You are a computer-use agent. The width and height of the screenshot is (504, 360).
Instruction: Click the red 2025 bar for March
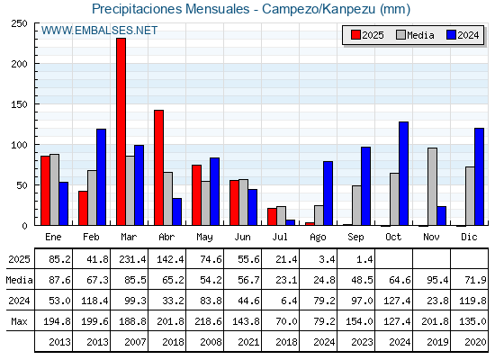coord(121,131)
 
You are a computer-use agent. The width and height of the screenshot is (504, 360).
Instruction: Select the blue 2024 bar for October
coord(404,174)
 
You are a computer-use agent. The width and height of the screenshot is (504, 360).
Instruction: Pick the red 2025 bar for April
coord(158,167)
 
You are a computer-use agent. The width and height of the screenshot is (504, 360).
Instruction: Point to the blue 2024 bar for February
coord(101,177)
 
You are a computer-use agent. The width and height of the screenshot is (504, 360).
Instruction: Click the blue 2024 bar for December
coord(479,176)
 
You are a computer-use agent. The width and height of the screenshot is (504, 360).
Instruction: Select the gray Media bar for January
coord(54,190)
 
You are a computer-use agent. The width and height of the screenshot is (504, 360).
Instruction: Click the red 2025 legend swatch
coord(355,35)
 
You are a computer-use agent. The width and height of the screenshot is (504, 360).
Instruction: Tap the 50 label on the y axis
coord(22,185)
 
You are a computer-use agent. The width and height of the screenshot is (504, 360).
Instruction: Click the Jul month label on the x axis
coord(280,238)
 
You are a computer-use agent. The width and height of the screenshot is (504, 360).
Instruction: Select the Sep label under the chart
coord(355,238)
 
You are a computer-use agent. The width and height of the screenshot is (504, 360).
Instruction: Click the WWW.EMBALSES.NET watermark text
coord(99,31)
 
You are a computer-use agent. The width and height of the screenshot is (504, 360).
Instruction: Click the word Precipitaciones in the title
coord(137,9)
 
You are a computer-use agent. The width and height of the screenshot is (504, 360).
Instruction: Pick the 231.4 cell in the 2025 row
coord(132,259)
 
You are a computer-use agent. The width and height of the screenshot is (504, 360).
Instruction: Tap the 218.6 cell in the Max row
coord(208,321)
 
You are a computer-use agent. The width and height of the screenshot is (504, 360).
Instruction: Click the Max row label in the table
coord(19,321)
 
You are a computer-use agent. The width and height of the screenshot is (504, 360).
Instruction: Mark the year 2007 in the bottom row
coord(135,342)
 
